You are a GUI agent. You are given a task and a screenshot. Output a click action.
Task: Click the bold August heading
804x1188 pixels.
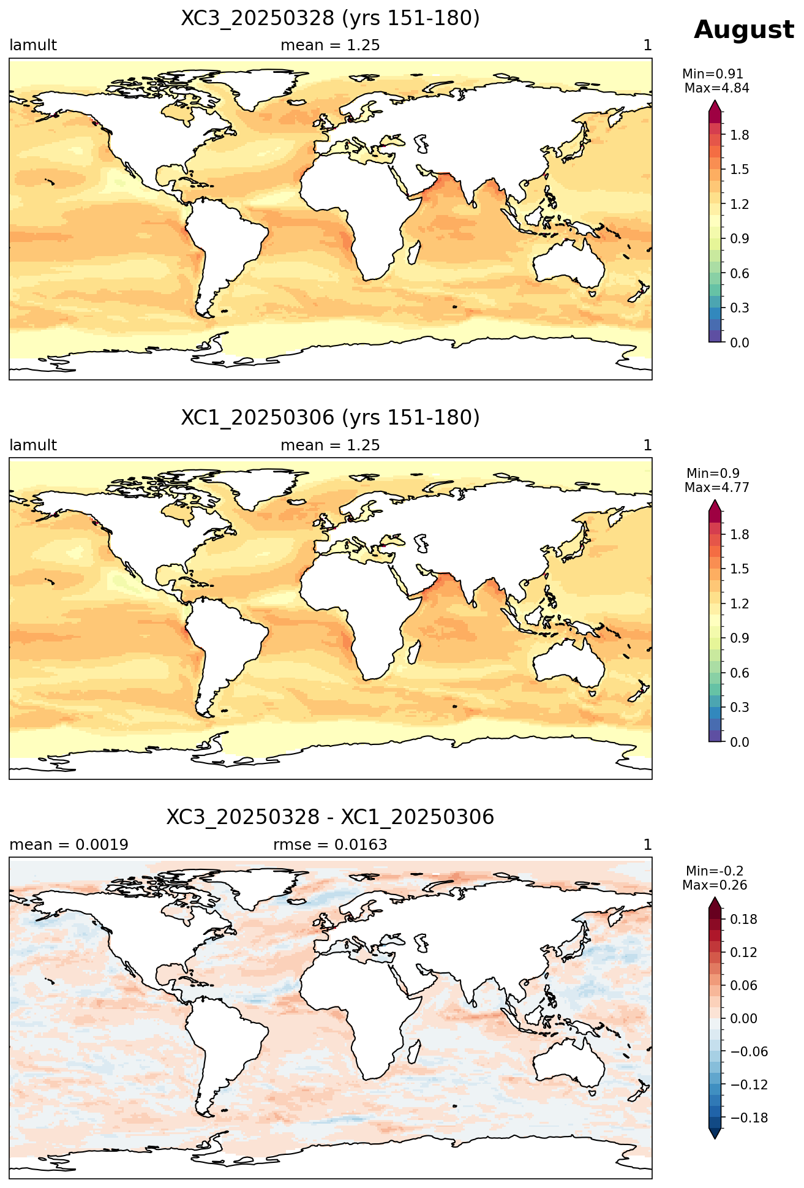coord(743,30)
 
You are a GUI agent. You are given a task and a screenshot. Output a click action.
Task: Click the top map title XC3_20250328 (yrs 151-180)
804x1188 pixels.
coord(330,18)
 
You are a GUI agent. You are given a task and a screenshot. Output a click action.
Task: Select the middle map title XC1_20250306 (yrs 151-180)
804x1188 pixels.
coord(330,418)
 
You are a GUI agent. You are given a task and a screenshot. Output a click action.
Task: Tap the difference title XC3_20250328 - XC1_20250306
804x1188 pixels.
coord(330,817)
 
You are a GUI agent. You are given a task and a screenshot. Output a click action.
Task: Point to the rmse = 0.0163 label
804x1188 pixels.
coord(330,845)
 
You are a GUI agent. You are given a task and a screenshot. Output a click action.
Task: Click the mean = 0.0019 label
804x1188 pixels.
coord(69,845)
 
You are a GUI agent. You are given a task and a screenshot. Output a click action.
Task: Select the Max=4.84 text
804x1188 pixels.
coord(716,88)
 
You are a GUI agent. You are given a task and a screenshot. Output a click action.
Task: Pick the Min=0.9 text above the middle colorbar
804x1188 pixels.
coord(713,473)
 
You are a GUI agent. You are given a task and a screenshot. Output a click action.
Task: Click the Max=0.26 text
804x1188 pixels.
coord(715,885)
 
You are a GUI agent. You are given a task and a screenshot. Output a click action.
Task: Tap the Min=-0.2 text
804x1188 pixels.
coord(715,871)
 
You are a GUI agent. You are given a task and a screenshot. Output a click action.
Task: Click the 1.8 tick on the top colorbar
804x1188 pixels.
coord(740,135)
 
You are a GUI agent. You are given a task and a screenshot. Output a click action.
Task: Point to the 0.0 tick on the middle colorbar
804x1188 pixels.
coord(740,742)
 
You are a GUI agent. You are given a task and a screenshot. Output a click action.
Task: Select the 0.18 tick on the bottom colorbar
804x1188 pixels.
coord(743,920)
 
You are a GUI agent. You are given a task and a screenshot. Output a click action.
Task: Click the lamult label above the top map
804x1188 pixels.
coord(33,45)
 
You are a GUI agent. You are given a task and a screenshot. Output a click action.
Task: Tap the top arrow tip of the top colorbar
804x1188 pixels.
coord(715,102)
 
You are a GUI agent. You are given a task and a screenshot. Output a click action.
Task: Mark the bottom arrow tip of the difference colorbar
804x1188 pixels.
coord(715,1140)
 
